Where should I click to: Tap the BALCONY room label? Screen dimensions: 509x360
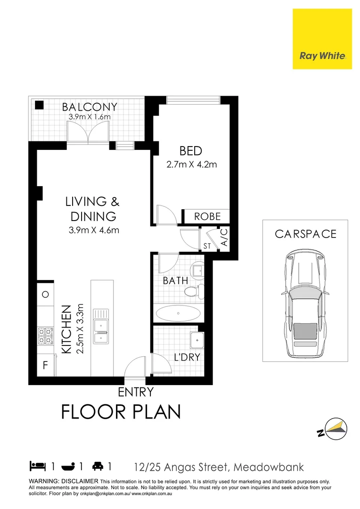click(x=90, y=107)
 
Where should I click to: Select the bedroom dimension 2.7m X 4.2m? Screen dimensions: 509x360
click(x=191, y=164)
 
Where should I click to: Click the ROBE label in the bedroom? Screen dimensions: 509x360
click(x=207, y=216)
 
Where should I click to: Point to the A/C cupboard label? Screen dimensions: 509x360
click(x=224, y=238)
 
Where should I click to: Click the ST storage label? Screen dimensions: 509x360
click(x=207, y=246)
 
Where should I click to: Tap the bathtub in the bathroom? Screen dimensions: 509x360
click(x=178, y=313)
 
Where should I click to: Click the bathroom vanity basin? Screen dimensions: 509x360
click(x=197, y=271)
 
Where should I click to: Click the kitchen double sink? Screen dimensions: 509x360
click(x=101, y=326)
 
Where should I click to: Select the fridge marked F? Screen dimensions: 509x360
click(x=45, y=366)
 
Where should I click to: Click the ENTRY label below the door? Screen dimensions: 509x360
click(x=136, y=392)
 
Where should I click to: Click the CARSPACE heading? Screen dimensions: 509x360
click(x=306, y=234)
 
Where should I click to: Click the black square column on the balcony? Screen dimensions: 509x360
click(x=40, y=105)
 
